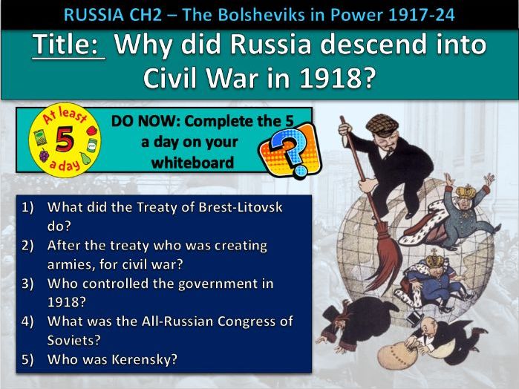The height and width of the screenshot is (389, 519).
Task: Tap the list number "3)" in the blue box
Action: pyautogui.click(x=30, y=283)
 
